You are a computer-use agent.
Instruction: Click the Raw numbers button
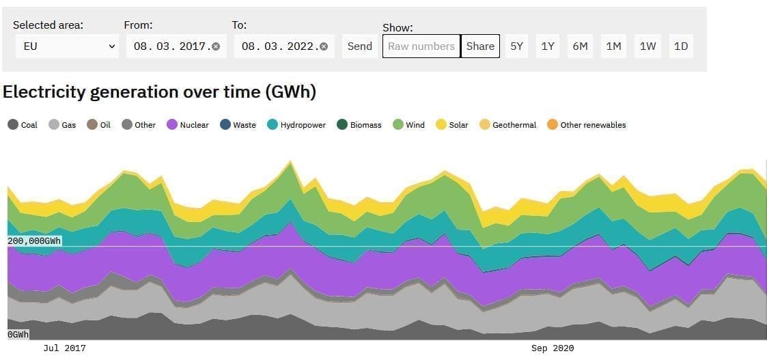[421, 46]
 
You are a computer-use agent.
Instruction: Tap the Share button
[480, 46]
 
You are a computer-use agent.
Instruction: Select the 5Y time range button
[517, 46]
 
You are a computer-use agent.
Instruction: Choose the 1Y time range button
[548, 46]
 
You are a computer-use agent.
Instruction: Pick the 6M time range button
[580, 46]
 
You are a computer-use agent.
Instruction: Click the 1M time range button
[613, 46]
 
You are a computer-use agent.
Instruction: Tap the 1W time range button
[647, 46]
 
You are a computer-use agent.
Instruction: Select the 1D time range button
[681, 46]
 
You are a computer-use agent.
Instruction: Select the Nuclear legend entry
[188, 125]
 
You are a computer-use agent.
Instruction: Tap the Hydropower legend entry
[296, 125]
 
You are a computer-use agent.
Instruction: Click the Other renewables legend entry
[587, 125]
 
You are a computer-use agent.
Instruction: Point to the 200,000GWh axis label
[34, 241]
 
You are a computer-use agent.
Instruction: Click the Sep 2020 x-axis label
[553, 348]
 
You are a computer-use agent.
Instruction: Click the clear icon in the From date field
[216, 46]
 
